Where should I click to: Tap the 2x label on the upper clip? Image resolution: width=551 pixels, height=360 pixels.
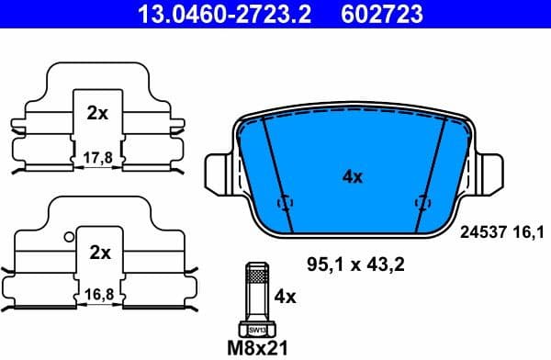(x=97, y=114)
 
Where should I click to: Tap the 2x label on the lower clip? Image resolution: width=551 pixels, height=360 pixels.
(x=98, y=252)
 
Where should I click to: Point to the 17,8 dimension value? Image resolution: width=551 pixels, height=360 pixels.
(x=97, y=158)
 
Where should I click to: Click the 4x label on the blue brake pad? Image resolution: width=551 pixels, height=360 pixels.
(x=352, y=177)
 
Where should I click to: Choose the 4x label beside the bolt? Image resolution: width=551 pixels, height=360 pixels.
(x=286, y=297)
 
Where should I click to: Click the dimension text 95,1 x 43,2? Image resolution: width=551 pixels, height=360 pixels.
(x=354, y=265)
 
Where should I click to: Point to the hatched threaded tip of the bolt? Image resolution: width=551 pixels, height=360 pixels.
(x=256, y=273)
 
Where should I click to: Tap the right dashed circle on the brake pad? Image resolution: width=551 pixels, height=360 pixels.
(x=422, y=202)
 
